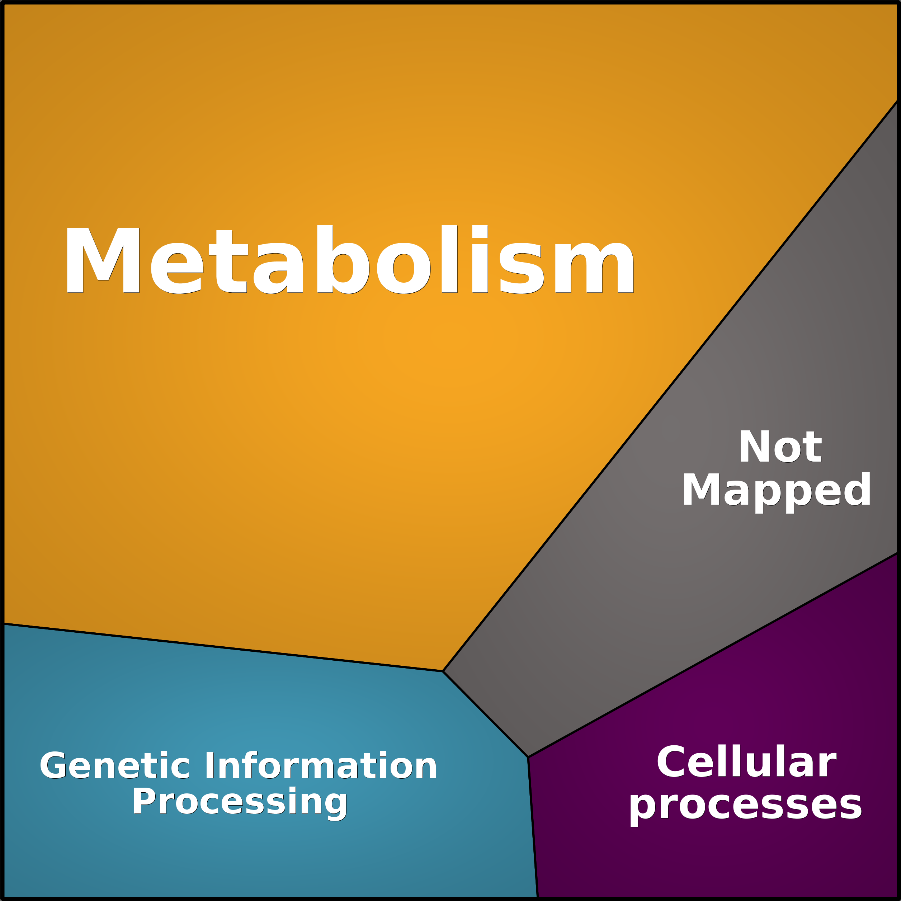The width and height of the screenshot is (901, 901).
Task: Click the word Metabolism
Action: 350,260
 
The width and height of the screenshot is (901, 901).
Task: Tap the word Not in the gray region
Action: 780,447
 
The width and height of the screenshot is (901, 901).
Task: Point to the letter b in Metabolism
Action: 343,260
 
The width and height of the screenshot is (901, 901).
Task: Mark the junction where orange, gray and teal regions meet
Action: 443,671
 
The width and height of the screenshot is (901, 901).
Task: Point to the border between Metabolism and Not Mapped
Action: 670,386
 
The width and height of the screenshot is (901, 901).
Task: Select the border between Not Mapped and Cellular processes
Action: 713,655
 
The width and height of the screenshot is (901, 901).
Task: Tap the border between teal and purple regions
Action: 533,828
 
